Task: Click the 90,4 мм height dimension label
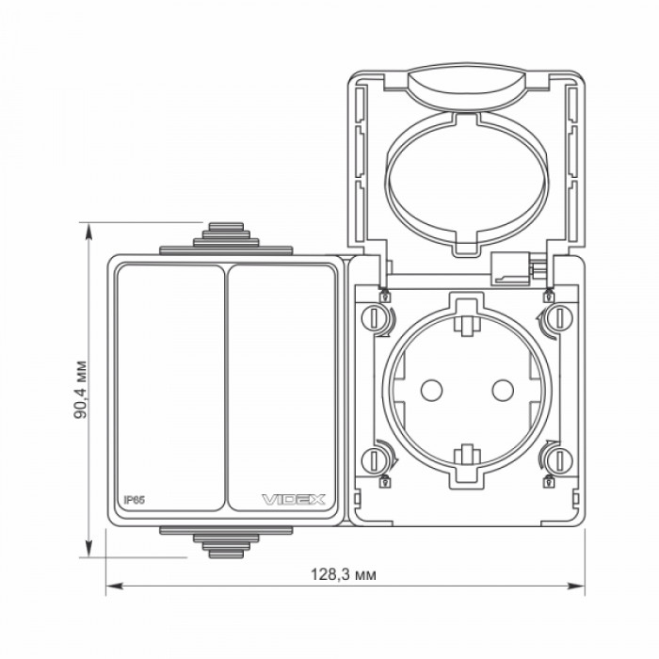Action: [x=80, y=389]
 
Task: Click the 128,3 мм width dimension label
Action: [x=344, y=574]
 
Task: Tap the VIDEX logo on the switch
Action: [x=294, y=500]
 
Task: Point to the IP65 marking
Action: [x=134, y=500]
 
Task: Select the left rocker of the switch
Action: [x=170, y=388]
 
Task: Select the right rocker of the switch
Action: [x=281, y=388]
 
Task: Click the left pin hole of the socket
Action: [x=431, y=390]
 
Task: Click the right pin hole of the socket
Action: [x=503, y=390]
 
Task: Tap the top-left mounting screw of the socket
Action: [x=373, y=318]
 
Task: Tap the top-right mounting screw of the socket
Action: [x=561, y=318]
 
